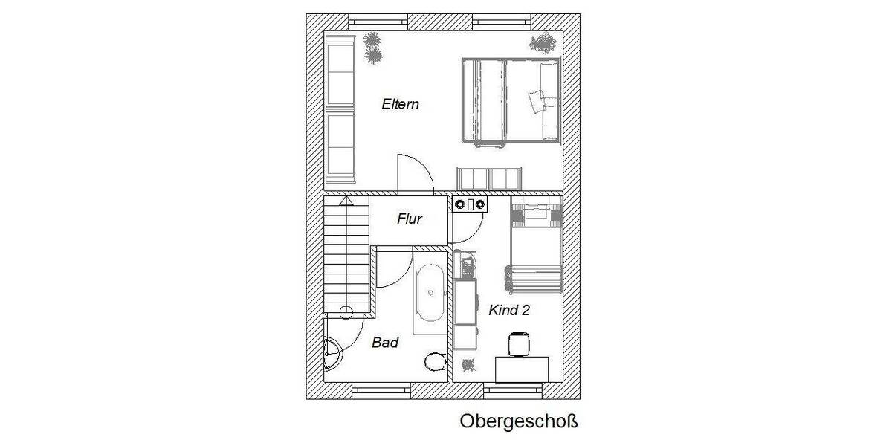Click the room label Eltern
click(400, 104)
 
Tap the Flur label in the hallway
click(410, 219)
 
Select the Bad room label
click(385, 343)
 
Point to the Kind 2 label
click(509, 311)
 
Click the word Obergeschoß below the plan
click(518, 422)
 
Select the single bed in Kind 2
click(534, 245)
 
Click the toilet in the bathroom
click(435, 362)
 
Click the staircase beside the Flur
click(347, 253)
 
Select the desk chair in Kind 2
click(517, 344)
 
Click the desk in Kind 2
click(522, 369)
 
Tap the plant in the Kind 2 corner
click(468, 365)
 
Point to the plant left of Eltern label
click(373, 48)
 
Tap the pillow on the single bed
click(534, 214)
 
